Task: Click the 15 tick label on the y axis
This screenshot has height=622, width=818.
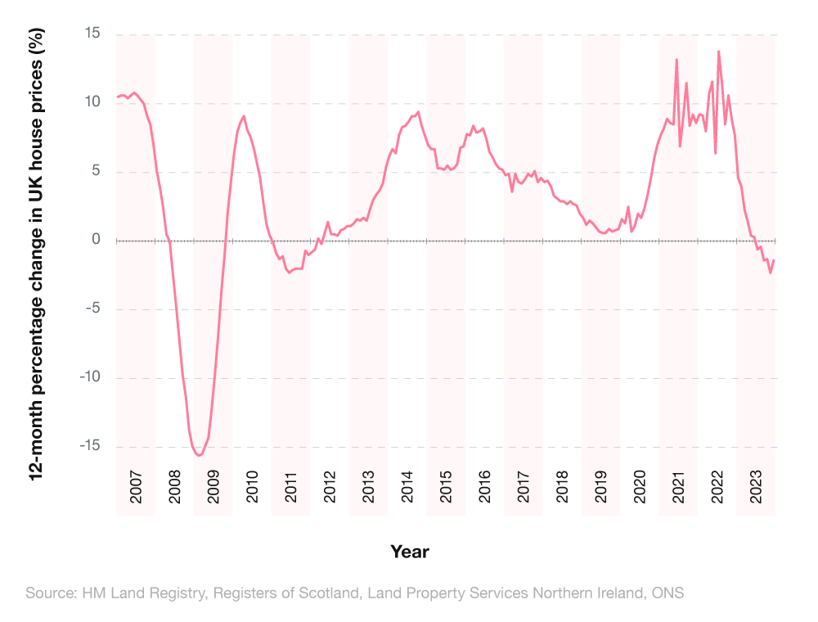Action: (x=91, y=34)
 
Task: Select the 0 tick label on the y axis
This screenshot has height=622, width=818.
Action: (x=96, y=241)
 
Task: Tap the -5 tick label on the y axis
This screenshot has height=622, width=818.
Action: (x=92, y=309)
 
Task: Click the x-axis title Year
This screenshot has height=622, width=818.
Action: (x=409, y=552)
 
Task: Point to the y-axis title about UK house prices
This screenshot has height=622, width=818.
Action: (x=36, y=254)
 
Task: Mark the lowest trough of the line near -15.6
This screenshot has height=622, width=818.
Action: (x=199, y=456)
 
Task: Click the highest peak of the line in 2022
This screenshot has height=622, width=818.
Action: (x=718, y=52)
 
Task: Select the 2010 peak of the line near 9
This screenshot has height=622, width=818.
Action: (x=244, y=115)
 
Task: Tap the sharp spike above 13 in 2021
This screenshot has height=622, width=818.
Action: (x=676, y=59)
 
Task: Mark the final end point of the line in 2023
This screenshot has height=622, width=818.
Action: (x=774, y=260)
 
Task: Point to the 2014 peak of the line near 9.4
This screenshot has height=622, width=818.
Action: (x=418, y=112)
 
